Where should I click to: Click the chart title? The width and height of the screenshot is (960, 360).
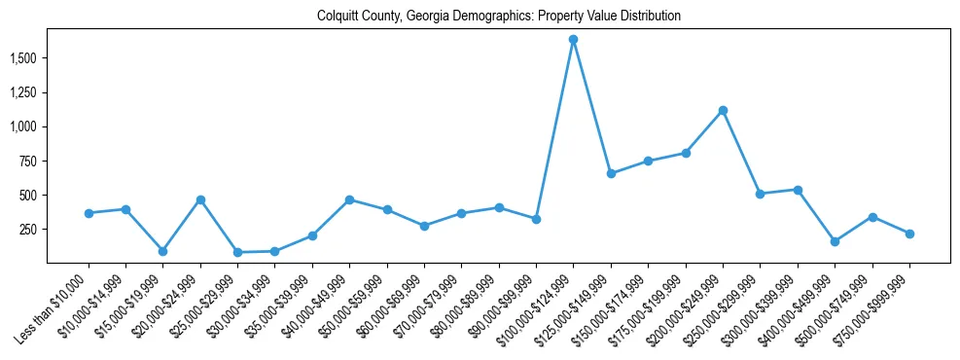(x=498, y=17)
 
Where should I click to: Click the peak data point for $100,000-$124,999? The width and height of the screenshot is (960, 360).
(x=573, y=40)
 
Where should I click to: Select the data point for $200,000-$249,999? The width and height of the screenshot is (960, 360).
(x=723, y=110)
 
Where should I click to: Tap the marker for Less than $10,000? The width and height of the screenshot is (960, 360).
(x=89, y=213)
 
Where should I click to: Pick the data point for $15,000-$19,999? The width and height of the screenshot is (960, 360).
(x=163, y=251)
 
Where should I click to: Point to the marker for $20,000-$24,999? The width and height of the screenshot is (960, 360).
(x=200, y=199)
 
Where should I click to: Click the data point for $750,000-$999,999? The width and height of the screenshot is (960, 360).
(x=909, y=234)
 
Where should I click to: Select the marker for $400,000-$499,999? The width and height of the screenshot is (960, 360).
(x=835, y=241)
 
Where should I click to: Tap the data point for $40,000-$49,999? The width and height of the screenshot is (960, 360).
(x=349, y=199)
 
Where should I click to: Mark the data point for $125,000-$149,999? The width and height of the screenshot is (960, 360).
(x=611, y=173)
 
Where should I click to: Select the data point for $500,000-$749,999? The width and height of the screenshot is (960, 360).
(x=872, y=217)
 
